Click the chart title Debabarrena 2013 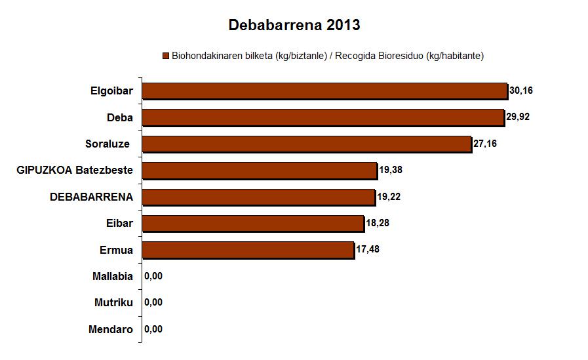(294, 26)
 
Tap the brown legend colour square (166, 56)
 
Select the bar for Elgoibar (324, 90)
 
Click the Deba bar (323, 117)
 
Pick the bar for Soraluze (307, 144)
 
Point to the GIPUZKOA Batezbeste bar (260, 170)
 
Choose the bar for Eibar (253, 224)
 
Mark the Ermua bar (248, 250)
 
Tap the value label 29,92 (518, 117)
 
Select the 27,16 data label (485, 144)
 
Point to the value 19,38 (391, 170)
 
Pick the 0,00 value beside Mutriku (153, 303)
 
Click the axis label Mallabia (113, 277)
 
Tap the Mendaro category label (111, 329)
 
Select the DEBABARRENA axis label (92, 197)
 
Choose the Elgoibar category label (112, 91)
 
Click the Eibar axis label (119, 224)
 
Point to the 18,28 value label (378, 224)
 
